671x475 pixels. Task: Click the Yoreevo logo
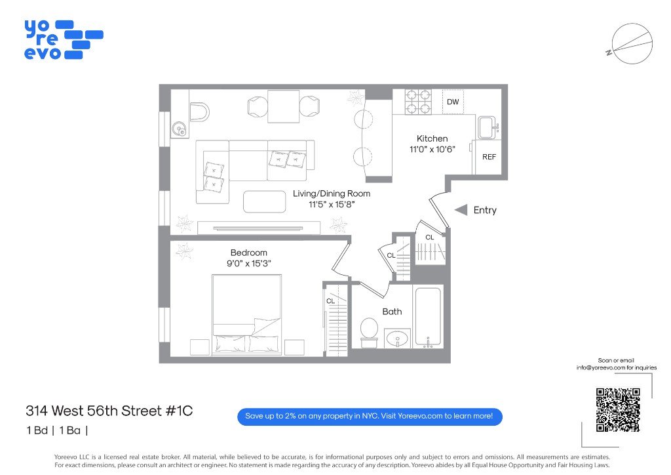tap(64, 39)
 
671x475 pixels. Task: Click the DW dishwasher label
tap(453, 102)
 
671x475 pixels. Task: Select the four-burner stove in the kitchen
tap(418, 102)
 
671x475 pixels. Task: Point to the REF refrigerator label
tap(489, 157)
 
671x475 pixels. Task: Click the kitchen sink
tap(488, 127)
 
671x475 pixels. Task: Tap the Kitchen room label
tap(432, 139)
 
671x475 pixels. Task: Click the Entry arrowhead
tap(461, 210)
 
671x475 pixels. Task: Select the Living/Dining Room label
tap(332, 194)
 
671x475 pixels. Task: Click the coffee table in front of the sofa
tap(265, 201)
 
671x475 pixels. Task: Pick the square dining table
tap(283, 106)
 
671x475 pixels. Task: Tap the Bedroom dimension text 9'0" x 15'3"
tap(249, 263)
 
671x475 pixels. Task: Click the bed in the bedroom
tap(247, 315)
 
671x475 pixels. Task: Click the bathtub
tap(428, 317)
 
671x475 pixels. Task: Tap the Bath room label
tap(392, 312)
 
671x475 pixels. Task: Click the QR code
tap(618, 410)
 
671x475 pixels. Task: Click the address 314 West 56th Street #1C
tap(109, 411)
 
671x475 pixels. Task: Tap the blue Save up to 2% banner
tap(370, 417)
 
